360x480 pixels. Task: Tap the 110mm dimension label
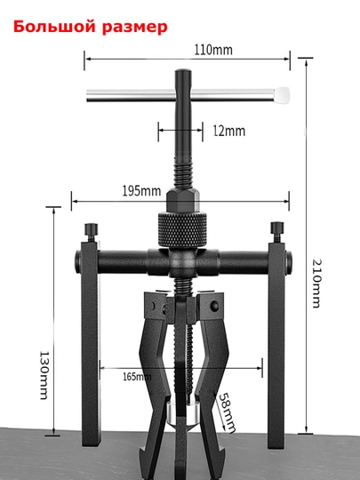tap(213, 50)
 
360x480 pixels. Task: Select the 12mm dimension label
tap(229, 131)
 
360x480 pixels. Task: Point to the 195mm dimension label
tap(141, 191)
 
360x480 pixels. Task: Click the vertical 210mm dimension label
tap(316, 284)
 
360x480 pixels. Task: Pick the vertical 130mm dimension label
tap(44, 375)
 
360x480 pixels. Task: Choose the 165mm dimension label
tap(137, 377)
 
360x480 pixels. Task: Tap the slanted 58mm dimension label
tap(227, 412)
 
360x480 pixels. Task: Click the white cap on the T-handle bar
tap(282, 95)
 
